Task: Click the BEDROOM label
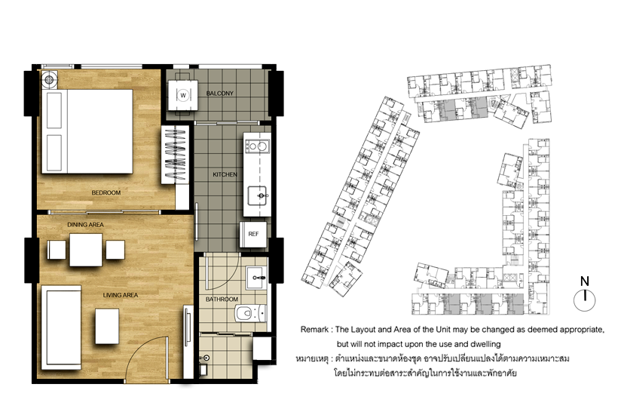[106, 192]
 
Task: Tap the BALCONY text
[220, 94]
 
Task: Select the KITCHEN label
[225, 174]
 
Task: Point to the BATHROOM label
[222, 300]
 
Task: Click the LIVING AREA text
[121, 295]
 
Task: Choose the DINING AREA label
[85, 224]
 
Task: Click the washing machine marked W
[183, 96]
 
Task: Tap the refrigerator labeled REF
[253, 235]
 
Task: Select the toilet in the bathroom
[251, 314]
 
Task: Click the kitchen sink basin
[257, 195]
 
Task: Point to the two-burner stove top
[257, 146]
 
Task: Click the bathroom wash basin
[256, 278]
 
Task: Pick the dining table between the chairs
[86, 250]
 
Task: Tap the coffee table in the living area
[107, 326]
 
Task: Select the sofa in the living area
[61, 327]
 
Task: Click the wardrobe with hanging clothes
[175, 155]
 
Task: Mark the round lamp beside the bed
[49, 80]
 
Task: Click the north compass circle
[585, 300]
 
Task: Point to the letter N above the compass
[585, 281]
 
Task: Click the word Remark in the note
[314, 330]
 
